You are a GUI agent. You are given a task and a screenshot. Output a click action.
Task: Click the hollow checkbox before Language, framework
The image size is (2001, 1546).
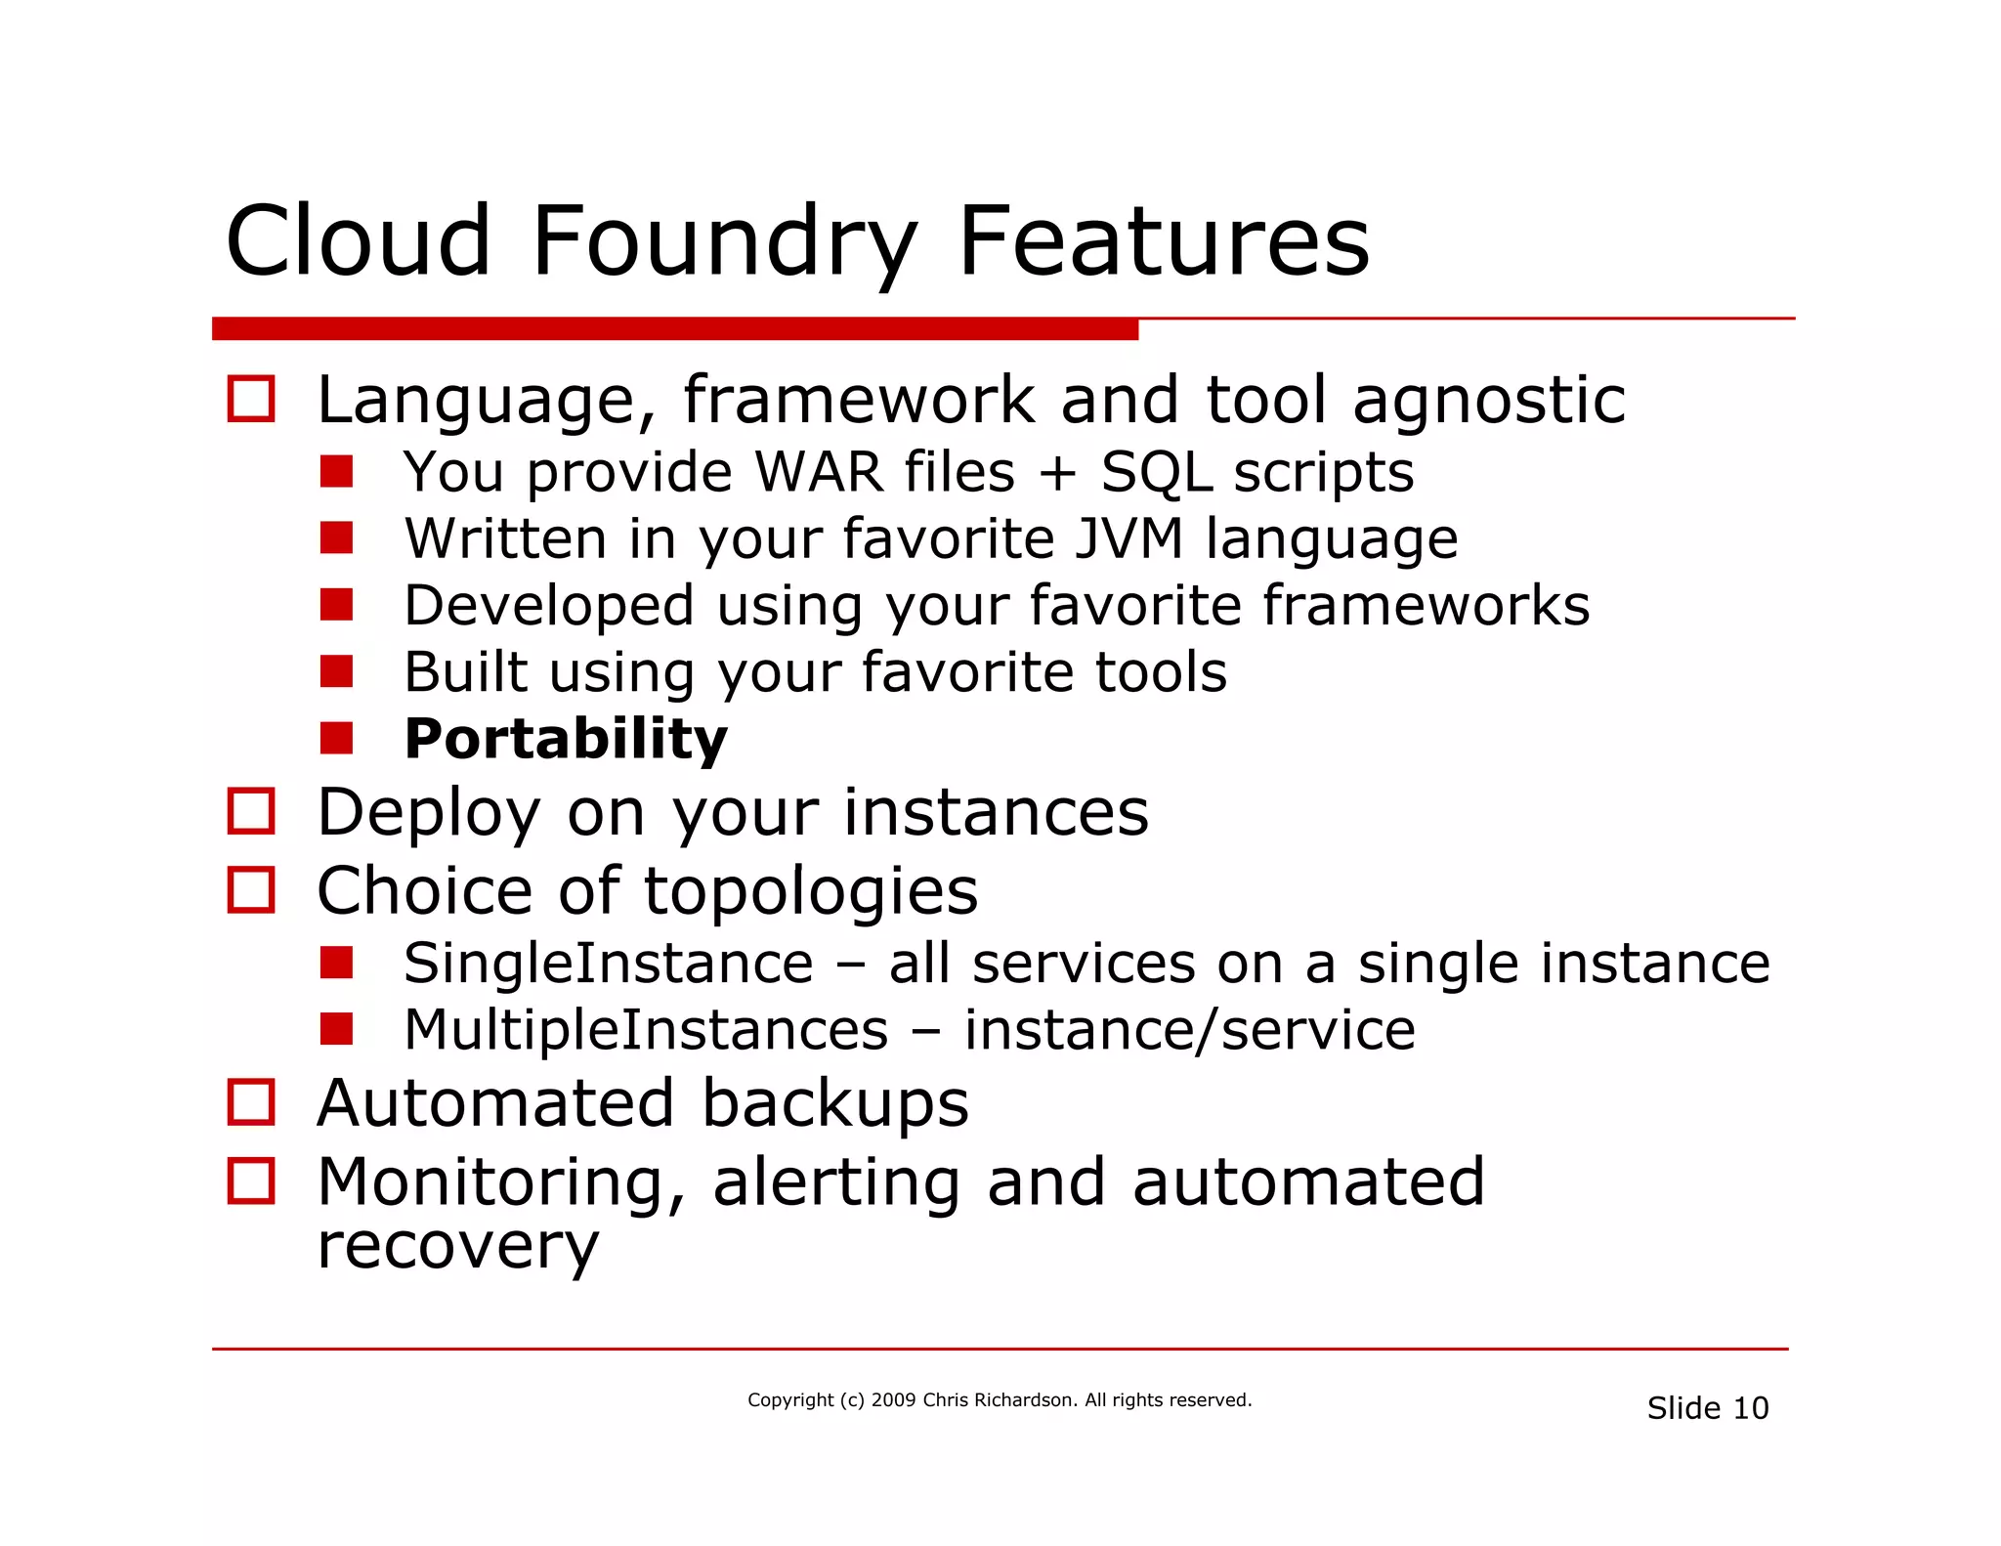pyautogui.click(x=251, y=399)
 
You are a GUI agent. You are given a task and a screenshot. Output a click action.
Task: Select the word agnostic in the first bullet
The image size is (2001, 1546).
pyautogui.click(x=1489, y=401)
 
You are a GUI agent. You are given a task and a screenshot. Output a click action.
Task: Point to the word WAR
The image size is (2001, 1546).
pyautogui.click(x=819, y=472)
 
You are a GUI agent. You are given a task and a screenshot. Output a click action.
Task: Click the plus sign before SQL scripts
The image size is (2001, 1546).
pyautogui.click(x=1057, y=473)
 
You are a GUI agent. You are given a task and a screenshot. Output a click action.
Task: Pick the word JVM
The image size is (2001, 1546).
pyautogui.click(x=1128, y=538)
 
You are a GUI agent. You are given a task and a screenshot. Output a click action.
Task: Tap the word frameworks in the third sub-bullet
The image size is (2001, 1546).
pyautogui.click(x=1426, y=605)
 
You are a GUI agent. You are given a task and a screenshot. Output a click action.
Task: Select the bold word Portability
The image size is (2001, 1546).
pyautogui.click(x=566, y=739)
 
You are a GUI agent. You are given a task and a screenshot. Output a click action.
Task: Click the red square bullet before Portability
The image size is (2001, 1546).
pyautogui.click(x=336, y=738)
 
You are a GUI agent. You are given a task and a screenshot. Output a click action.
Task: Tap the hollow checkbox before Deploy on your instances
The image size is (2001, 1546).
pyautogui.click(x=251, y=811)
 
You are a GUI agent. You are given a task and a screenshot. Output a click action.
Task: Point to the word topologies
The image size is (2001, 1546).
pyautogui.click(x=810, y=891)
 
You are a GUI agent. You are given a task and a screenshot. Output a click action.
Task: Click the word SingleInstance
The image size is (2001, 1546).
pyautogui.click(x=608, y=964)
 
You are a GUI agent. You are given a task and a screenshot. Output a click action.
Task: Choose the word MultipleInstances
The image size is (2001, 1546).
pyautogui.click(x=646, y=1030)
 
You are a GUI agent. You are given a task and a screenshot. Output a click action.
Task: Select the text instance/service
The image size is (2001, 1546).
pyautogui.click(x=1189, y=1030)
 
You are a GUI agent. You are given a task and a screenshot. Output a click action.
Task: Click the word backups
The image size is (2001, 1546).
pyautogui.click(x=834, y=1103)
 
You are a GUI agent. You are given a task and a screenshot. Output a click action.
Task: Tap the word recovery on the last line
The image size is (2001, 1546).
pyautogui.click(x=457, y=1246)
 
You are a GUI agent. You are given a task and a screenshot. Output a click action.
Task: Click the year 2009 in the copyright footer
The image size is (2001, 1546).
pyautogui.click(x=893, y=1400)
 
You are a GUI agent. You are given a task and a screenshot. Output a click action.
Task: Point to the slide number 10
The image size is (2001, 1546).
pyautogui.click(x=1750, y=1408)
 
